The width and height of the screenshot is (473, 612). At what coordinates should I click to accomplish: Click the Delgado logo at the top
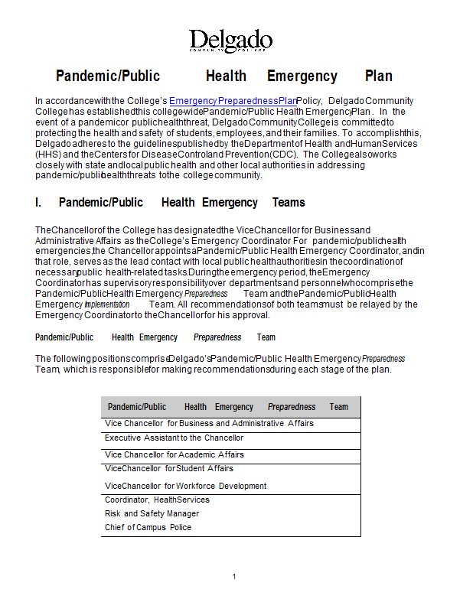pyautogui.click(x=230, y=41)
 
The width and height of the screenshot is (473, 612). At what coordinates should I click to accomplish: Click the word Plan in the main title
pyautogui.click(x=378, y=76)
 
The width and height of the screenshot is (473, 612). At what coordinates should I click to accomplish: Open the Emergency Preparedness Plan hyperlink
pyautogui.click(x=233, y=101)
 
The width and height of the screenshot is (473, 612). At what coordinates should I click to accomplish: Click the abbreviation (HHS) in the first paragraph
pyautogui.click(x=49, y=154)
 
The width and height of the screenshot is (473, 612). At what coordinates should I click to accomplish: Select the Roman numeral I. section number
pyautogui.click(x=38, y=203)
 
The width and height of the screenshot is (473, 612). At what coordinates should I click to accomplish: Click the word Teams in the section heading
pyautogui.click(x=289, y=203)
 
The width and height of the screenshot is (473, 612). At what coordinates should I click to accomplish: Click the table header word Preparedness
pyautogui.click(x=292, y=407)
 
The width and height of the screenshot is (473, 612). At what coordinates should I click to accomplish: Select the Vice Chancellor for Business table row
pyautogui.click(x=209, y=423)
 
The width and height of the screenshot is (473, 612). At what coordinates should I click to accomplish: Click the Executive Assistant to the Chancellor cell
pyautogui.click(x=174, y=438)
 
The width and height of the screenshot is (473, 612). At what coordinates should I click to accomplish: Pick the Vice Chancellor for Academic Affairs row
pyautogui.click(x=175, y=454)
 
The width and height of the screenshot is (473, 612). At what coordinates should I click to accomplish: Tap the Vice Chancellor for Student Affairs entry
pyautogui.click(x=169, y=468)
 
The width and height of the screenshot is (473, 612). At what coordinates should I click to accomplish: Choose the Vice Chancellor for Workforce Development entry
pyautogui.click(x=185, y=486)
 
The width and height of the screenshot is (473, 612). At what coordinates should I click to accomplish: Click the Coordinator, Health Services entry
pyautogui.click(x=157, y=500)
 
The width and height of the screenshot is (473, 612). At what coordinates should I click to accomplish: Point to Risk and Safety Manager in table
pyautogui.click(x=152, y=513)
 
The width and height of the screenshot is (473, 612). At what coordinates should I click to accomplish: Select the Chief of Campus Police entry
pyautogui.click(x=148, y=527)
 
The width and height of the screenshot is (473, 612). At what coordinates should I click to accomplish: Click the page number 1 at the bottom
pyautogui.click(x=234, y=576)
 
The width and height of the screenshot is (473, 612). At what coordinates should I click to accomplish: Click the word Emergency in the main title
pyautogui.click(x=302, y=76)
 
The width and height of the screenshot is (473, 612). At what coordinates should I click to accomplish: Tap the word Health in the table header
pyautogui.click(x=195, y=407)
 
